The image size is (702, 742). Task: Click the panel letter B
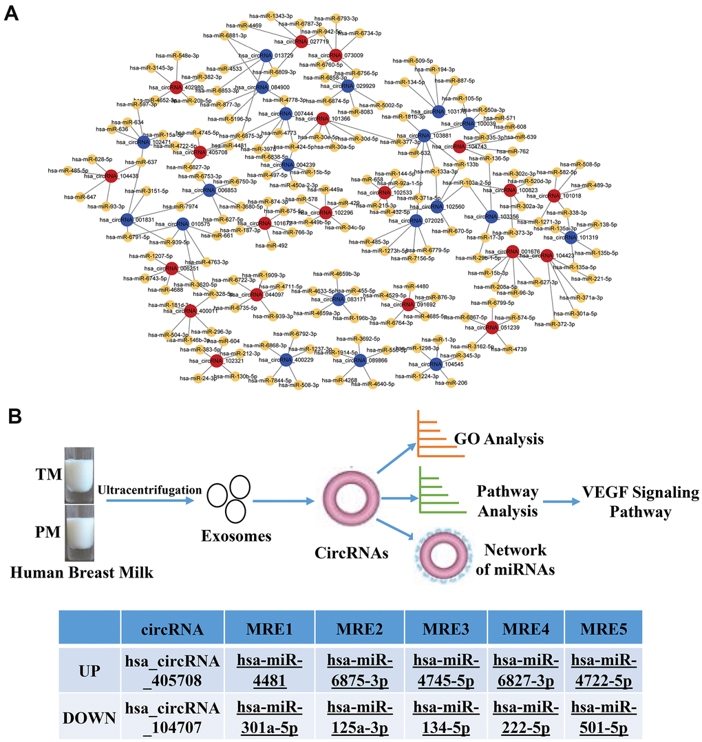(11, 416)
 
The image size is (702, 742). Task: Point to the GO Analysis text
(498, 439)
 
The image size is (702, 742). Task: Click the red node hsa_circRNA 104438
(111, 177)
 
